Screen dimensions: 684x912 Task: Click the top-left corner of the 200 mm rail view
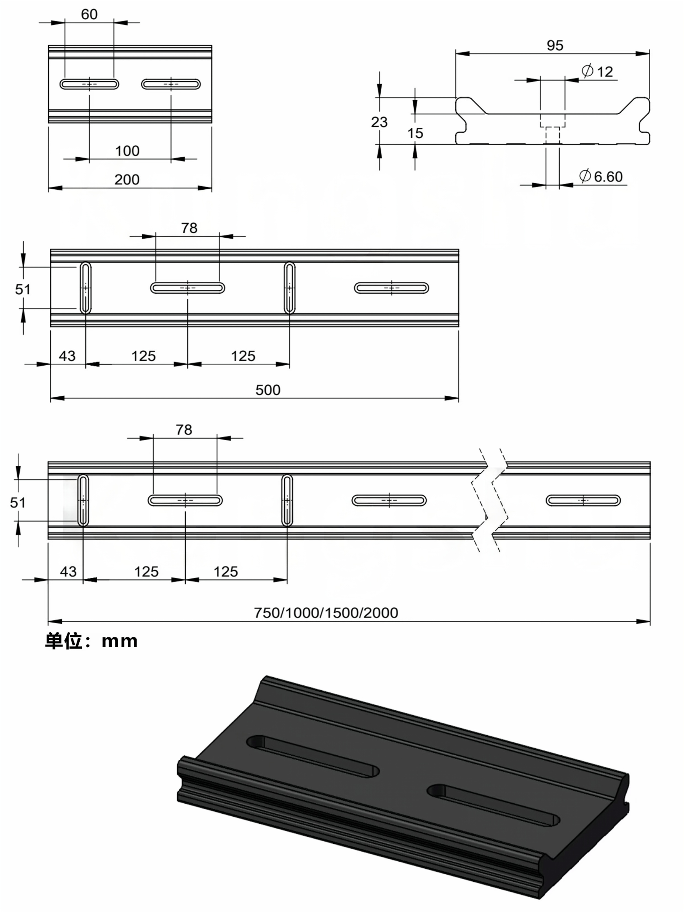point(49,46)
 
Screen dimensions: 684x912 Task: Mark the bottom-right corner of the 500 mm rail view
point(458,326)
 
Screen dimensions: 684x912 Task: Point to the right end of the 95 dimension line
point(649,53)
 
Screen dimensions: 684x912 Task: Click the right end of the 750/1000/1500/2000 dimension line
point(650,621)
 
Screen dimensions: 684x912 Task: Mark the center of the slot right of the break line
point(583,501)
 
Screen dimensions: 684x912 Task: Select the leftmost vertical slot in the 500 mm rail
point(85,288)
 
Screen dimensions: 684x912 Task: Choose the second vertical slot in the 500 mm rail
point(290,288)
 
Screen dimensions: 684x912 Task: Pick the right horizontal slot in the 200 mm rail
point(171,84)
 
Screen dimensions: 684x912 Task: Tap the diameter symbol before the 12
point(587,71)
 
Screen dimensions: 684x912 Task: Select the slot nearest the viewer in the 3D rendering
point(493,805)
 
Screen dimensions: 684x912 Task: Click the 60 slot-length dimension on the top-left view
point(89,14)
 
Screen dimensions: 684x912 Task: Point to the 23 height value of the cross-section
point(379,122)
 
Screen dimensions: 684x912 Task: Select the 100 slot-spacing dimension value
point(127,151)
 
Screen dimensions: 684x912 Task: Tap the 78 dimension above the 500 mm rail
point(189,228)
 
